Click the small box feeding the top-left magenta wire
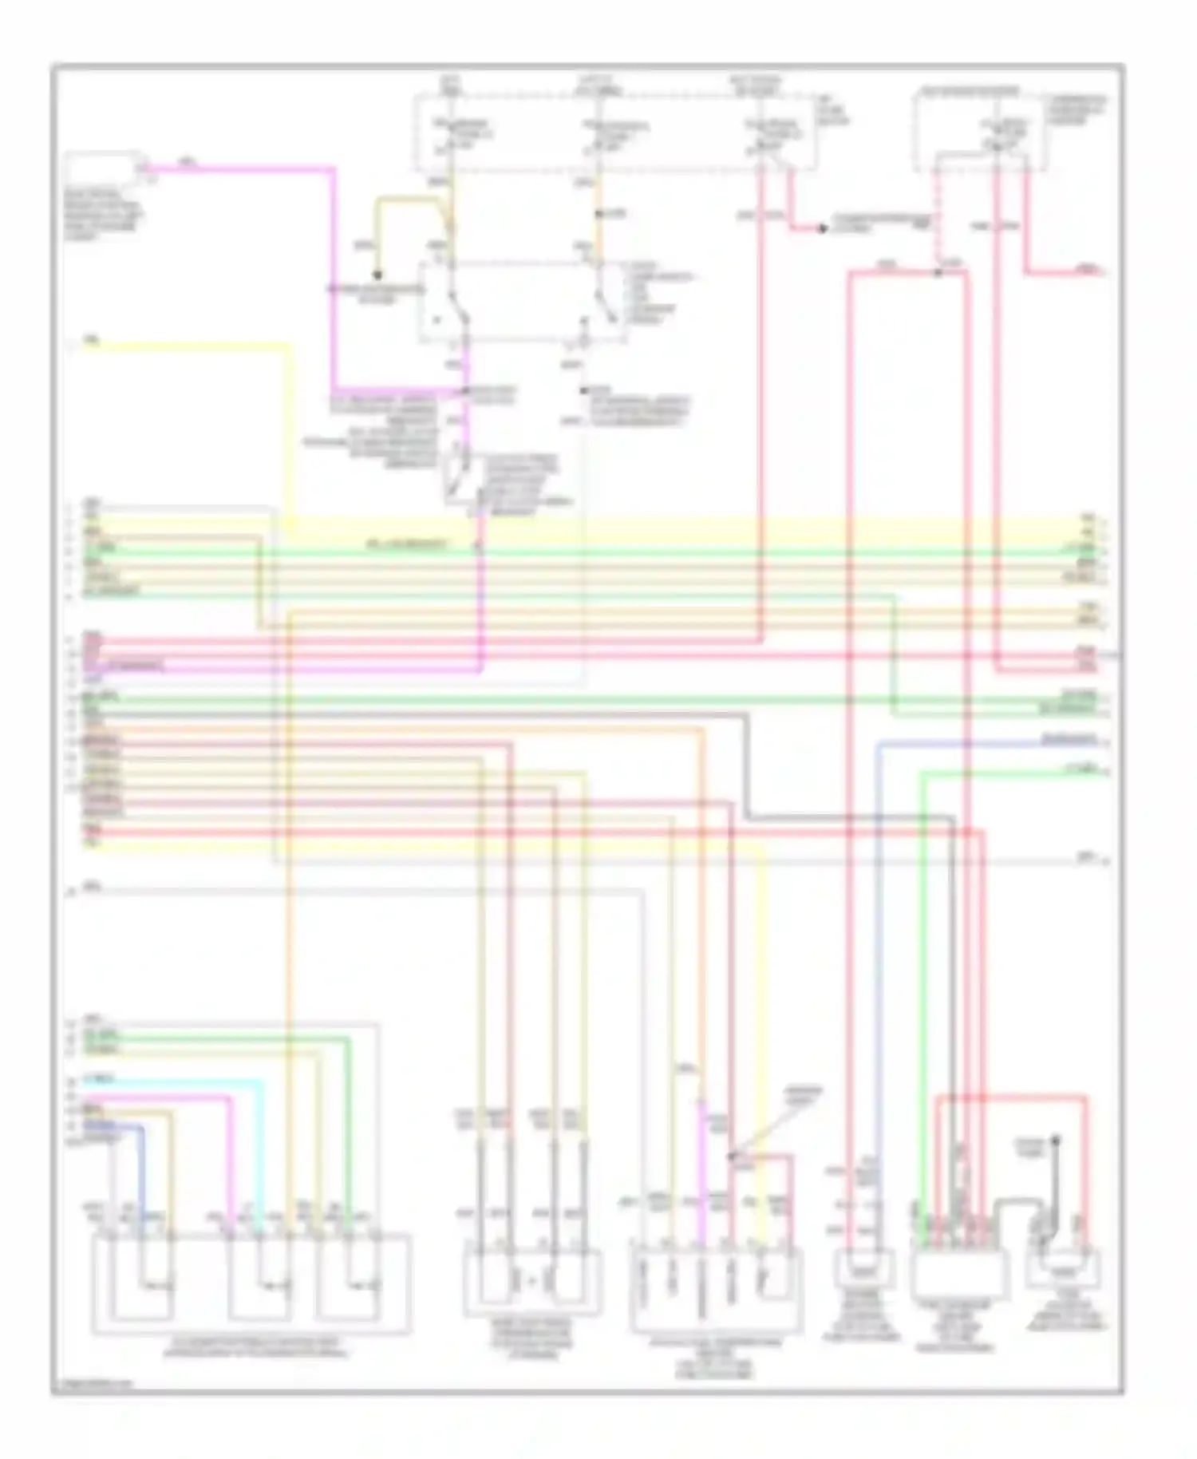(x=104, y=168)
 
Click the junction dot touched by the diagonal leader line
(x=731, y=1155)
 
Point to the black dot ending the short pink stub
(x=822, y=229)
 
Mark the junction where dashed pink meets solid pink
(x=938, y=273)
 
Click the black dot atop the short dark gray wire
(x=1055, y=1140)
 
